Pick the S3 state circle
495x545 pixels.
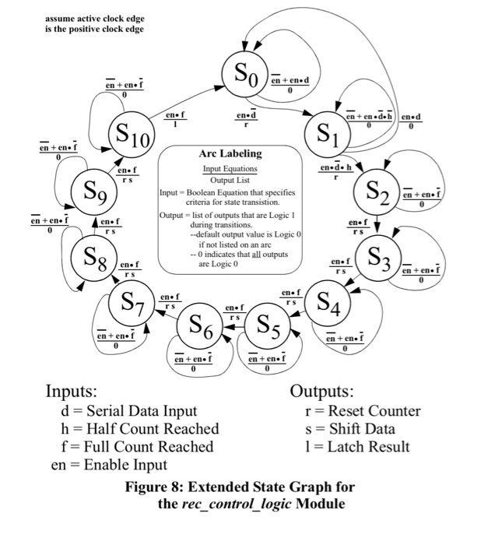[377, 256]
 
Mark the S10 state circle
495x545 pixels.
[131, 139]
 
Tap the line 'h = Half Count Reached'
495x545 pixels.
[144, 429]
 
